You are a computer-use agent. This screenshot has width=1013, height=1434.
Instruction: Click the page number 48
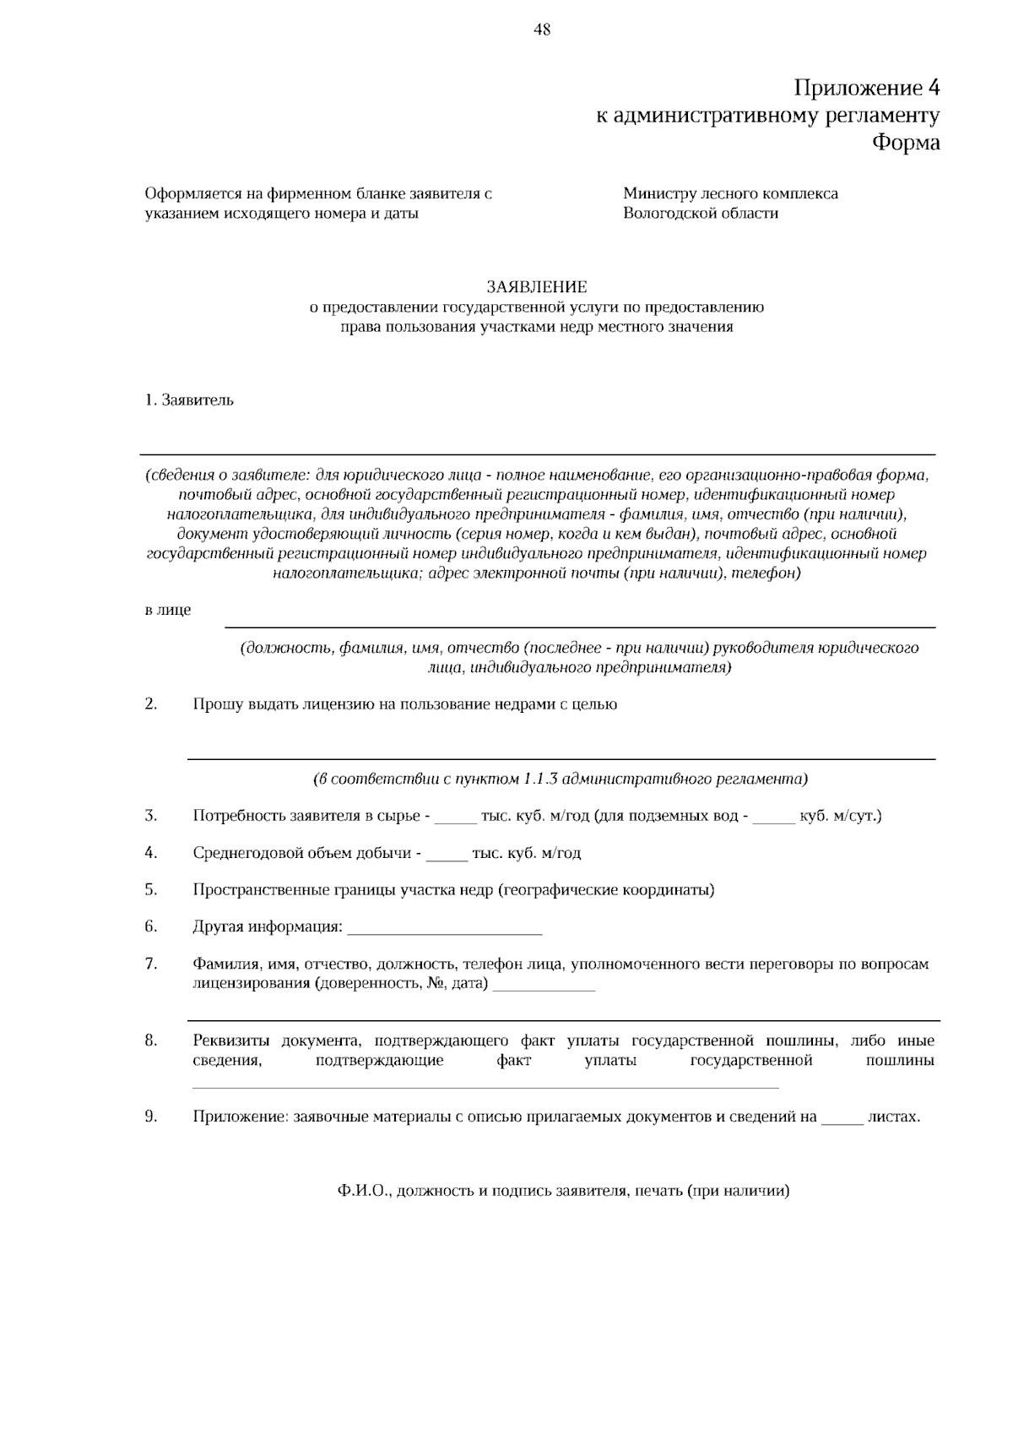[542, 30]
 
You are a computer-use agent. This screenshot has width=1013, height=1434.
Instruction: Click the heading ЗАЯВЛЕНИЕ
[536, 287]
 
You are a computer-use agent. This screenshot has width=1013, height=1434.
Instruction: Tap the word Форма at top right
[905, 143]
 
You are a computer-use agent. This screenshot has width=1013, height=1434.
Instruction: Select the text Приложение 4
[866, 88]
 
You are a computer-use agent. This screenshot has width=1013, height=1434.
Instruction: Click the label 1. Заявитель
[189, 400]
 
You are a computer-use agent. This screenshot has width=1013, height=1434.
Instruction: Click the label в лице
[168, 610]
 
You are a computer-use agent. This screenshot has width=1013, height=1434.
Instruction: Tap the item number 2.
[151, 703]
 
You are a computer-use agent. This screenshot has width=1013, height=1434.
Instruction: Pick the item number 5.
[151, 889]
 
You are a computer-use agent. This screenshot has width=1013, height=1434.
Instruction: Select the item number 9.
[151, 1116]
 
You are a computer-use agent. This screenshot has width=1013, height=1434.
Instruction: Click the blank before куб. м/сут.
[773, 819]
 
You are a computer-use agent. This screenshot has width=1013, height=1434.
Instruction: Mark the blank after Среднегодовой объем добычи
[447, 856]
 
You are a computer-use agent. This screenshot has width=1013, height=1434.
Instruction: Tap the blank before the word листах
[842, 1120]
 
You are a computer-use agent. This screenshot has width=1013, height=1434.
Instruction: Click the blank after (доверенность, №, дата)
[544, 987]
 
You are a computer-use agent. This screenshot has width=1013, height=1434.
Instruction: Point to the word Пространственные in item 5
[252, 889]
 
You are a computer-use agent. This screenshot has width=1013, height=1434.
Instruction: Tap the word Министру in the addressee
[658, 193]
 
